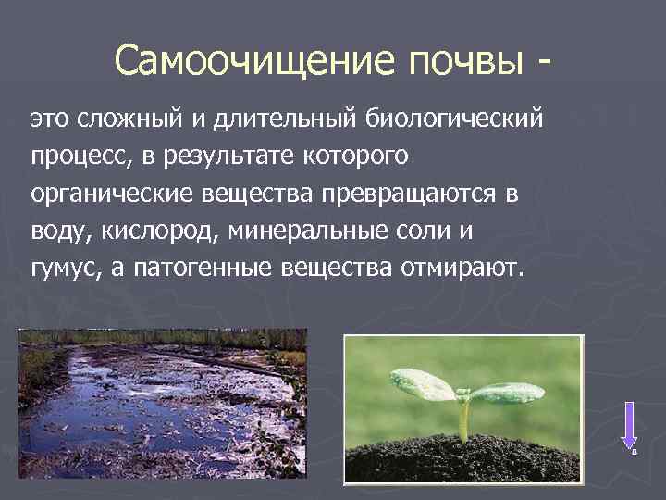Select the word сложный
coord(125,119)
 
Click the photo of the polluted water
coord(162,402)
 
